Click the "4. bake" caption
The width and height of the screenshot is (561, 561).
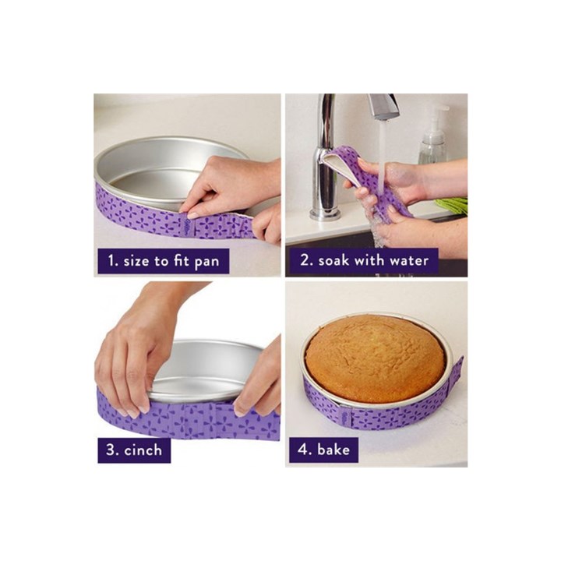[x=323, y=450]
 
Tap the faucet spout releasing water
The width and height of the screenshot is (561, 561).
[x=383, y=106]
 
